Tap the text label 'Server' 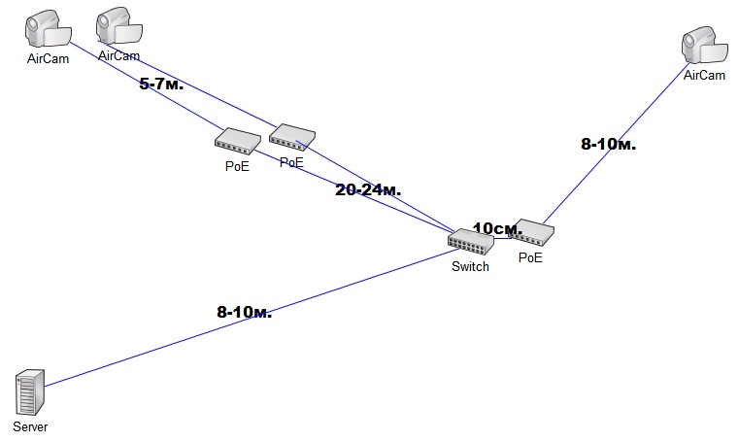(x=30, y=426)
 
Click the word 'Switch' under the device (x=471, y=267)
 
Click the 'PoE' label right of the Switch (x=530, y=258)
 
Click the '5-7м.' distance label (x=162, y=85)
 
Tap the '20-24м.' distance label (x=368, y=189)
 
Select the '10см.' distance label (x=497, y=228)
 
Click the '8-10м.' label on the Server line (x=244, y=312)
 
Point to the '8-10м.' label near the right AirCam (x=609, y=145)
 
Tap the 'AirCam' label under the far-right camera (x=705, y=75)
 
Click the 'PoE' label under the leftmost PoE (x=237, y=166)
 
